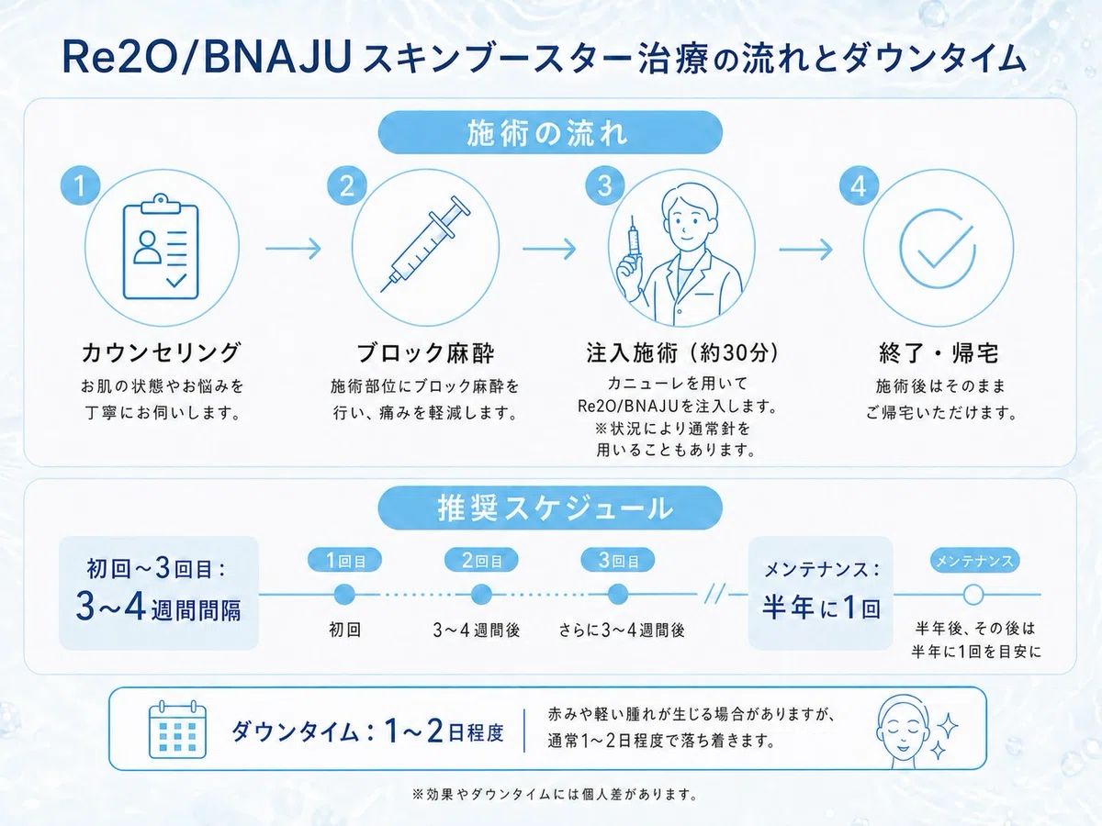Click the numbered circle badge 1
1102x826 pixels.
(x=80, y=185)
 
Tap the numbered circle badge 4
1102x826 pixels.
(x=859, y=185)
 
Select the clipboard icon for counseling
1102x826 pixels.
(x=161, y=247)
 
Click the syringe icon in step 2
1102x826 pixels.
(x=425, y=244)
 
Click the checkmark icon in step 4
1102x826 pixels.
(x=938, y=248)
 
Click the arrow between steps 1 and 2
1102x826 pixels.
(x=293, y=248)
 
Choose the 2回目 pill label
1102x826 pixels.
(x=481, y=560)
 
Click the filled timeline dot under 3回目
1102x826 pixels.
(x=617, y=595)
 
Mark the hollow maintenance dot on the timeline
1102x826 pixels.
(x=973, y=595)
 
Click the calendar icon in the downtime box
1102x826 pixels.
(x=178, y=730)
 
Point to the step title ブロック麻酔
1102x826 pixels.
(x=425, y=353)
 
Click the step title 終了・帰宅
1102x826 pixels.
(x=939, y=353)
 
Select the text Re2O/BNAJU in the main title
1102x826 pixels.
(x=207, y=58)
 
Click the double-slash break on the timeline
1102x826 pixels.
(x=714, y=595)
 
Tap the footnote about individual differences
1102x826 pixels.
(x=555, y=795)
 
